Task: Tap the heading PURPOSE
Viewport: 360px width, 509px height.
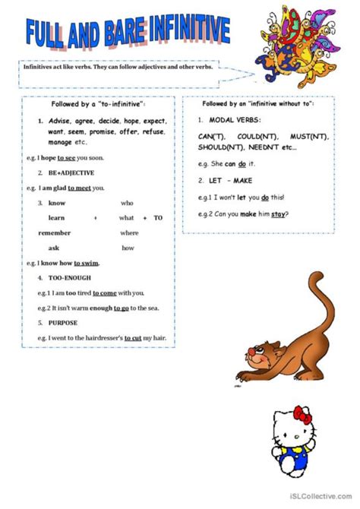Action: click(65, 322)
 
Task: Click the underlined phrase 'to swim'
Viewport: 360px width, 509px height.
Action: click(87, 263)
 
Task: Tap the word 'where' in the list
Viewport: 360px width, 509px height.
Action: click(129, 232)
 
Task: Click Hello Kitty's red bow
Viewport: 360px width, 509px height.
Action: click(303, 414)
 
